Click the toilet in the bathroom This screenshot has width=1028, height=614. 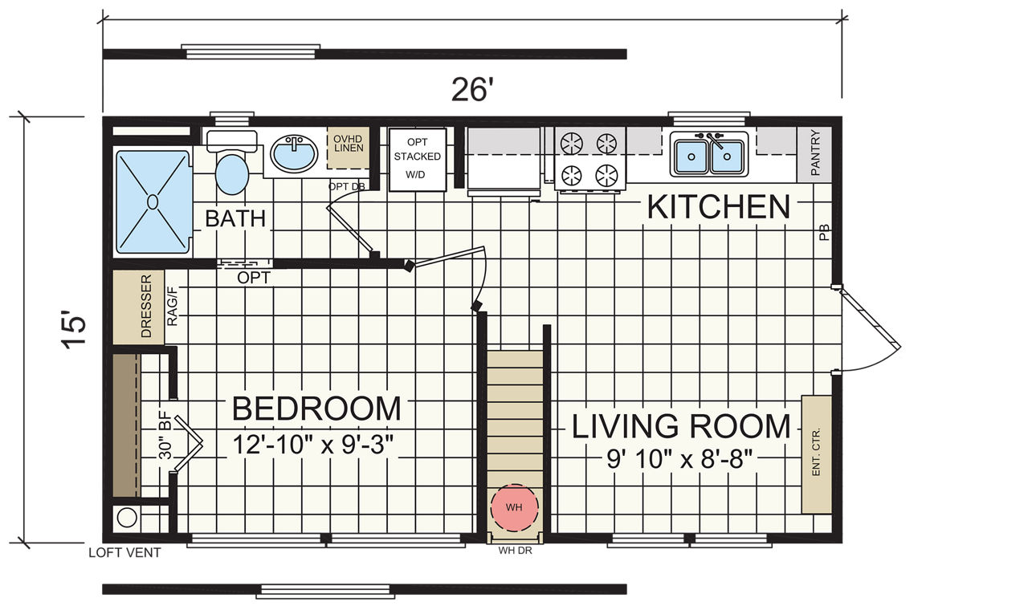pos(232,165)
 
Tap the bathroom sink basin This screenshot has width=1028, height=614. pos(294,152)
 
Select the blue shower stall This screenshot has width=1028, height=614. pos(153,201)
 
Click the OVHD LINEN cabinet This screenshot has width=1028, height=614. pos(349,147)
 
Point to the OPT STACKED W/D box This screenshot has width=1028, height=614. pos(418,159)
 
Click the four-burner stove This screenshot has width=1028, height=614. pos(589,159)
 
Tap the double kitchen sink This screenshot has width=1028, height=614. pos(709,154)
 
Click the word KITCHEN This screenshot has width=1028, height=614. pos(719,208)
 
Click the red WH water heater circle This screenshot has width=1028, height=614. pos(514,507)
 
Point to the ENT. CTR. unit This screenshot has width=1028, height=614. pos(817,454)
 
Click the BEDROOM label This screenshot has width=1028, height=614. pos(316,409)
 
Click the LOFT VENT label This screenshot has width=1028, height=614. pos(124,552)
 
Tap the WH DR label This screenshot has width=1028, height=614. pos(516,551)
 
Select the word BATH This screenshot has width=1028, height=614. pos(235,218)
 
